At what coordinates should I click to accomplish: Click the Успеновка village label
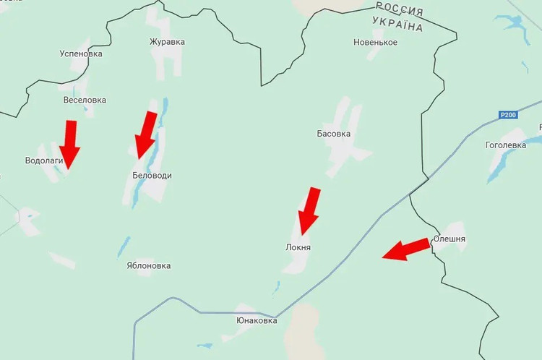pyautogui.click(x=81, y=53)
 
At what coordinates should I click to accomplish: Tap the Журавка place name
pyautogui.click(x=167, y=42)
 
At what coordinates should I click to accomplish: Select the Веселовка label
pyautogui.click(x=85, y=100)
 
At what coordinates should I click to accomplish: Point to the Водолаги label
pyautogui.click(x=44, y=160)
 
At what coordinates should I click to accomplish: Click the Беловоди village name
pyautogui.click(x=152, y=176)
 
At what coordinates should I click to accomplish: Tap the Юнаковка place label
pyautogui.click(x=257, y=320)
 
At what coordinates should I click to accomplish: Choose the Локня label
pyautogui.click(x=298, y=247)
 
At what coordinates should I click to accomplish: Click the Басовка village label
pyautogui.click(x=334, y=134)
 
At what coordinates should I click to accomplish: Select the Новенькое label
pyautogui.click(x=375, y=42)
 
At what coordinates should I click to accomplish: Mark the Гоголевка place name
pyautogui.click(x=506, y=145)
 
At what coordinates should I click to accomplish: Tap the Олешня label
pyautogui.click(x=449, y=239)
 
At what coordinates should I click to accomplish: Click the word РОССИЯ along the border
pyautogui.click(x=399, y=9)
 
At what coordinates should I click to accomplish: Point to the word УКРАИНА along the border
pyautogui.click(x=397, y=25)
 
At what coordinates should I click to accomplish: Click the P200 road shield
pyautogui.click(x=509, y=114)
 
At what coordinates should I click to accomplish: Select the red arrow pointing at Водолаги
pyautogui.click(x=70, y=145)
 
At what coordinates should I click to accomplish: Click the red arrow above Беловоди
pyautogui.click(x=147, y=134)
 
